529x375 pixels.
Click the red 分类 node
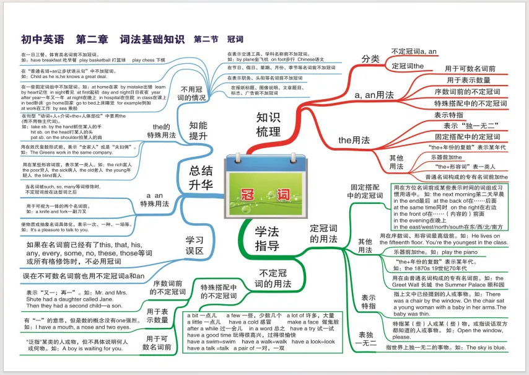coord(370,59)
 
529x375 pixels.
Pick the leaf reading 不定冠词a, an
coord(414,51)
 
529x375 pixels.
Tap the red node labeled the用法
coord(354,140)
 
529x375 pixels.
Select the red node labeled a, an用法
coord(374,95)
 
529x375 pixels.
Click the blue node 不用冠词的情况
coord(191,93)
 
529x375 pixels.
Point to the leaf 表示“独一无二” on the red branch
coord(467,126)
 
